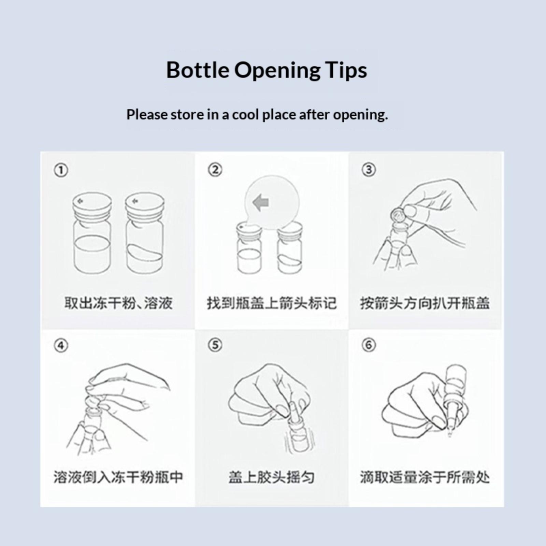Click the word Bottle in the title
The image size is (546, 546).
point(198,70)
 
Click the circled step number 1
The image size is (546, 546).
point(61,170)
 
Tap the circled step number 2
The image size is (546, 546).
point(215,170)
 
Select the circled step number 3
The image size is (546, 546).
point(369,170)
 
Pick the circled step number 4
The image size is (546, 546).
point(61,345)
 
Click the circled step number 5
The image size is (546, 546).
point(215,345)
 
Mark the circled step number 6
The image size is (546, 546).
point(369,345)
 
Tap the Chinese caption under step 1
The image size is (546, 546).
point(118,303)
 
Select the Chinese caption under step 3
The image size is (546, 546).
point(425,303)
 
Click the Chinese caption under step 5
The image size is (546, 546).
point(272,477)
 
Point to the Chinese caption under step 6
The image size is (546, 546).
point(425,477)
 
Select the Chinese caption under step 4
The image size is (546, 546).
point(118,477)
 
